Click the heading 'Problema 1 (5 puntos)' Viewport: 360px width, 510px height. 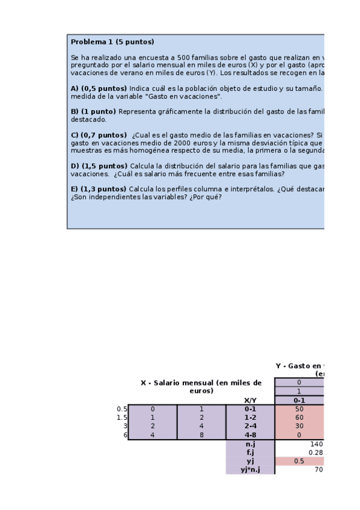tap(112, 42)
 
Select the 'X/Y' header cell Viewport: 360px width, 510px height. tap(250, 400)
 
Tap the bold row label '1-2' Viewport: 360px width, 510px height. tap(250, 417)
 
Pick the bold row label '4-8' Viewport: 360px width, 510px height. tap(250, 435)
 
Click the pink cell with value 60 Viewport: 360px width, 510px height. tap(299, 417)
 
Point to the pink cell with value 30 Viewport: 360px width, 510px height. tap(299, 426)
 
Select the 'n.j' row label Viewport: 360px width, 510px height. tap(250, 444)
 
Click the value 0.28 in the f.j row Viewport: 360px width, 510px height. tap(316, 452)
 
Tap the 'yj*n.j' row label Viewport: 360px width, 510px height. tap(250, 470)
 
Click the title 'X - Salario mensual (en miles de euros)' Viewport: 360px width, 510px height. tap(201, 387)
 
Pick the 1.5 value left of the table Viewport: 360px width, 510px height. tap(122, 417)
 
